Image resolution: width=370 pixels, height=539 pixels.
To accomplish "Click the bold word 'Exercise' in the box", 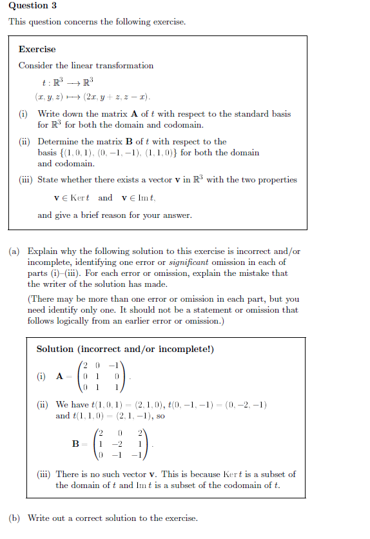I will (37, 50).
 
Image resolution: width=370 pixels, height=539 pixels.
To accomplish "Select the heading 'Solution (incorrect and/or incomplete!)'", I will (125, 349).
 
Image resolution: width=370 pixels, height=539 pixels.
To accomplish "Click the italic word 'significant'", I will (193, 262).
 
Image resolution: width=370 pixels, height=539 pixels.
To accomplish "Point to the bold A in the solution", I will (59, 377).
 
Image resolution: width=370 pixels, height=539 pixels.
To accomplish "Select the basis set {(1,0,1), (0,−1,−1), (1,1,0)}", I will (115, 153).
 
